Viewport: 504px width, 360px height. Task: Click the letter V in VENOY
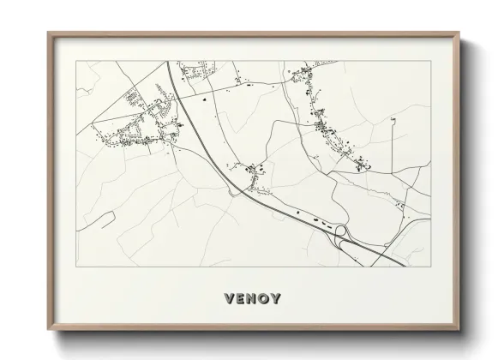[x=229, y=299]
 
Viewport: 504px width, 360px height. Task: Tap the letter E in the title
[x=241, y=299]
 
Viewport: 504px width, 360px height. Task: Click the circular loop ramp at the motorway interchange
[x=339, y=230]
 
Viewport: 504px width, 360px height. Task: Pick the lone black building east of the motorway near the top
[x=206, y=100]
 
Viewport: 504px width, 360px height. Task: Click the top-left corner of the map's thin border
[x=76, y=62]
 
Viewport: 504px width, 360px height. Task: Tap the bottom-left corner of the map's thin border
[x=76, y=265]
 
